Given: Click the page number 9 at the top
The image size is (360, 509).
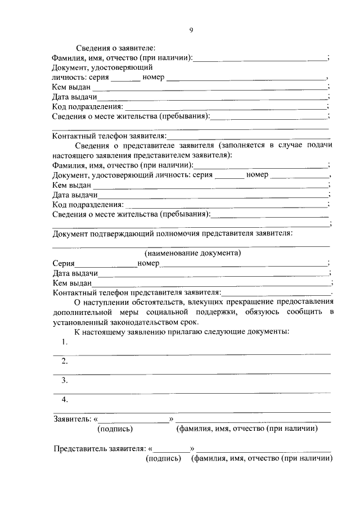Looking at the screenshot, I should pos(191,30).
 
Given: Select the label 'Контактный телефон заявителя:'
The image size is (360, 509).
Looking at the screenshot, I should pos(109,136).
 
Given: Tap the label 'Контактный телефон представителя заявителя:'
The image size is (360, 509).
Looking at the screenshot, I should pos(137,292).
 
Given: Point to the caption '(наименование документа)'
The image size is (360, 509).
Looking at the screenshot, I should pos(193,253).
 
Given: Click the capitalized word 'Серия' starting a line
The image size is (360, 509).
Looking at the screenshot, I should pos(64,263).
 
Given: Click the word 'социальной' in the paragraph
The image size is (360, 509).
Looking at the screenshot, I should pos(188,312).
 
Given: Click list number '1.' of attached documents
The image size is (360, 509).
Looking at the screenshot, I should pos(65,343).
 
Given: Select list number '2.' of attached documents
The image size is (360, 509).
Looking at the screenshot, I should pos(65,361).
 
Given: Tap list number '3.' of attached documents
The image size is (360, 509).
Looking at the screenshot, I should pos(65,380).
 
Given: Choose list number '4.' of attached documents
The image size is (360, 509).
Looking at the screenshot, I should pos(65,399).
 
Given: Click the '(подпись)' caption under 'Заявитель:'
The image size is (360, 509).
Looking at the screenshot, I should pos(115,429).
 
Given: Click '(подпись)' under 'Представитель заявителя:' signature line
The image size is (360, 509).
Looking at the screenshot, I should pos(163,459).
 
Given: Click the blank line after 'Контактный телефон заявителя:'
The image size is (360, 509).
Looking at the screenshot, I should pos(249,137).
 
